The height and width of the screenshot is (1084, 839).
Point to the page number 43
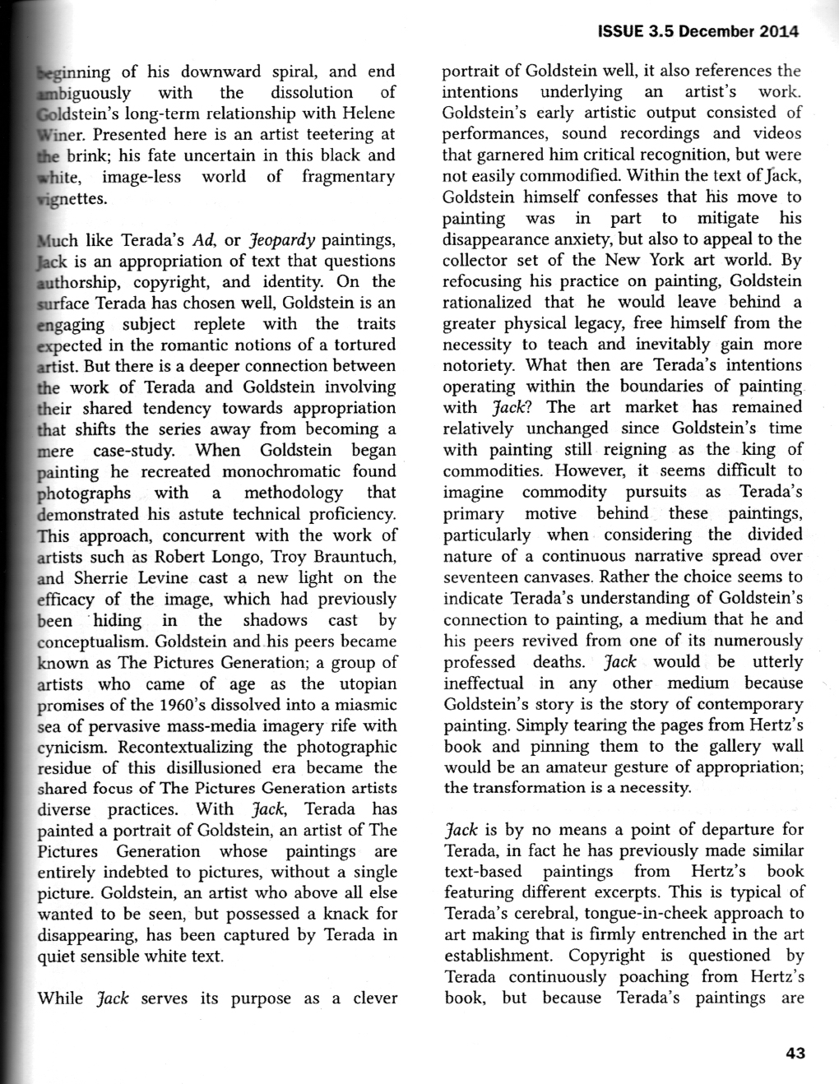click(x=795, y=1054)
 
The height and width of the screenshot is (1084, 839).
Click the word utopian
click(x=363, y=683)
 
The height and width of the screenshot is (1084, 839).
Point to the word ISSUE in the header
click(x=621, y=32)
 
